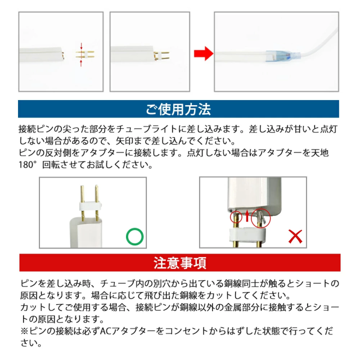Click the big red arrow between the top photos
[204, 54]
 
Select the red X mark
[295, 237]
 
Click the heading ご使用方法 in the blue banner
[178, 109]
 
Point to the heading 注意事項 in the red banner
[180, 263]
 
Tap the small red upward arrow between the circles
[247, 215]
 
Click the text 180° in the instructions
[28, 165]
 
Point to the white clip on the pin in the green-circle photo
[91, 206]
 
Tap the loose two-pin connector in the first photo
[85, 55]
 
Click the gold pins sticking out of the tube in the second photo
[162, 56]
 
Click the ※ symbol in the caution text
[25, 331]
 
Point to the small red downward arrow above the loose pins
[81, 46]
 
